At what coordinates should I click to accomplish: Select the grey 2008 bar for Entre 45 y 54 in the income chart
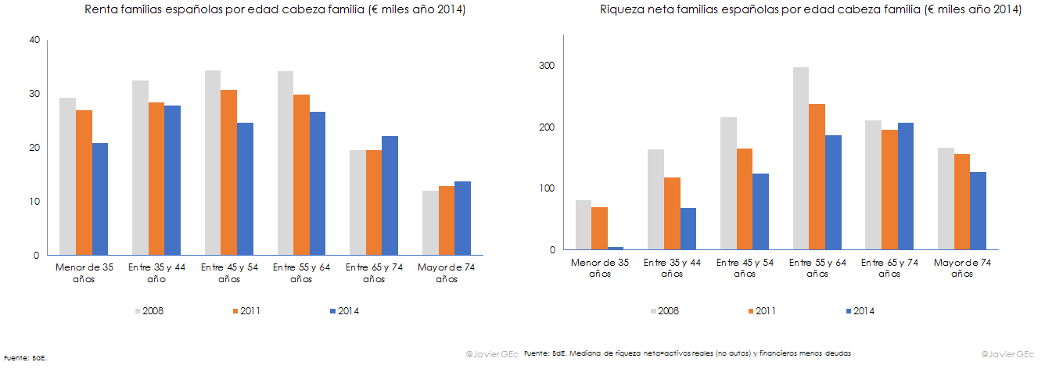click(x=212, y=163)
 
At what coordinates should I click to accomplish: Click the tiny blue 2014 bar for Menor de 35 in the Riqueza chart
click(x=615, y=249)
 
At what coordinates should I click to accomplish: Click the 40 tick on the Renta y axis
click(x=34, y=40)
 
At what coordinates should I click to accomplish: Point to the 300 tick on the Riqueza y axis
click(x=545, y=66)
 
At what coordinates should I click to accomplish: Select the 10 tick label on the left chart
click(x=34, y=202)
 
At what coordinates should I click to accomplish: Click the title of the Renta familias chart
click(x=264, y=10)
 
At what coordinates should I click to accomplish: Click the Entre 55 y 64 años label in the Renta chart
click(x=300, y=273)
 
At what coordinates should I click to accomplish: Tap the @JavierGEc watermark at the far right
click(x=1007, y=353)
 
